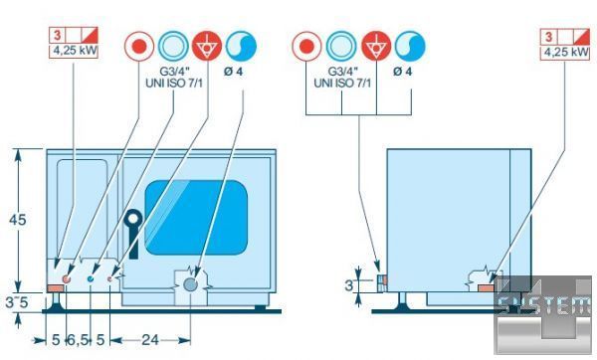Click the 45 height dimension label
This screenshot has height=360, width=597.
point(18,220)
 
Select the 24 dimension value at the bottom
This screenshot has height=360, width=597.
point(150,340)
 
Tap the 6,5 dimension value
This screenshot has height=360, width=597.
point(78,340)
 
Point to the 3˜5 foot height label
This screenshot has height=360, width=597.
point(17,302)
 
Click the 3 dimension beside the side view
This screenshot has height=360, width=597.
point(349,285)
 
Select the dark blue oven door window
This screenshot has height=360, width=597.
point(196,218)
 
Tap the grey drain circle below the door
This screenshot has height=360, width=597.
point(190,284)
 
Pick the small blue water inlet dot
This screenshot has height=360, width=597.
point(91,279)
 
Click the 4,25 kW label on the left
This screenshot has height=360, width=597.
point(75,51)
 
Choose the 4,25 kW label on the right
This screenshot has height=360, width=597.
point(566,52)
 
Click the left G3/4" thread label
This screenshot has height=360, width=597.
point(174,72)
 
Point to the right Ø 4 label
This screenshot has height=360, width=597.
point(402,72)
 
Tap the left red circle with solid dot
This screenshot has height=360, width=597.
point(139,46)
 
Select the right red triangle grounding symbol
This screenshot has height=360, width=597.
point(376,46)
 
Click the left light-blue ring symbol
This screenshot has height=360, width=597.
point(173,46)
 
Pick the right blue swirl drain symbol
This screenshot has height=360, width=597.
point(410,46)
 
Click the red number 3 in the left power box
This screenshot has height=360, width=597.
point(57,36)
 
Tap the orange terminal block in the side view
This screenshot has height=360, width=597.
point(487,288)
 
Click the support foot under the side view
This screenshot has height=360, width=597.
point(401,301)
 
